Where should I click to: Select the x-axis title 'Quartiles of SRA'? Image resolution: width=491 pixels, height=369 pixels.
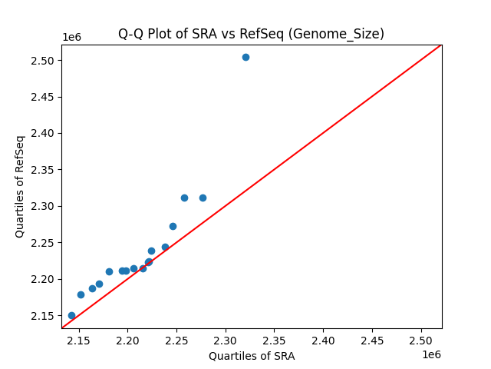click(252, 356)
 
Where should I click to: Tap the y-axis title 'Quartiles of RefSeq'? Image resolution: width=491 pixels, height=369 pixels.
click(20, 186)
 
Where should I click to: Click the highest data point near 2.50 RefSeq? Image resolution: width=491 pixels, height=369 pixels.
click(245, 57)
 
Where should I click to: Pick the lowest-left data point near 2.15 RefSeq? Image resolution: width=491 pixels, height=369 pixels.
click(71, 315)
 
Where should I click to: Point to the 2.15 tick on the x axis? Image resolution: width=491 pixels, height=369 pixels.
click(78, 340)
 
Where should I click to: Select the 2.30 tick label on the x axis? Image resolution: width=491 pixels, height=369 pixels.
click(226, 340)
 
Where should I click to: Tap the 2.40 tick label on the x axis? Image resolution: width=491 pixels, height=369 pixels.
click(323, 340)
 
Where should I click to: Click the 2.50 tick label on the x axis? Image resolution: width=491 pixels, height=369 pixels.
click(421, 340)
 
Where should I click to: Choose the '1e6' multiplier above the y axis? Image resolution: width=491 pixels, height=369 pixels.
click(71, 38)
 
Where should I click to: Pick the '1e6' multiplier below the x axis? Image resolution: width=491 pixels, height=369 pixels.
click(431, 354)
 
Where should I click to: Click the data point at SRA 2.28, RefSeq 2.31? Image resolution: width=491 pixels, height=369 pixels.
click(203, 198)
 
